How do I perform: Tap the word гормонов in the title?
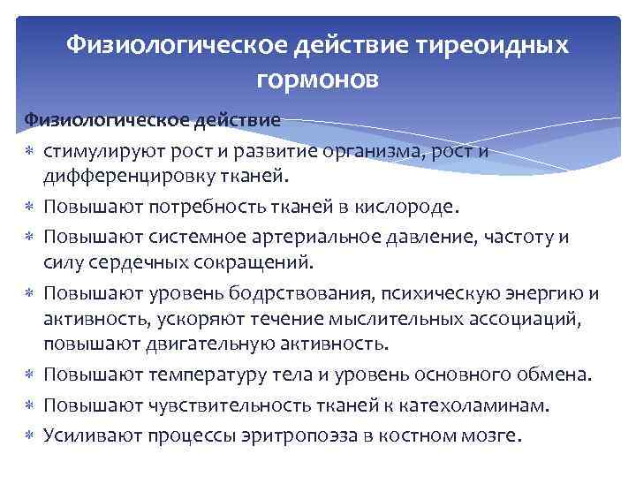[x=317, y=80]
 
